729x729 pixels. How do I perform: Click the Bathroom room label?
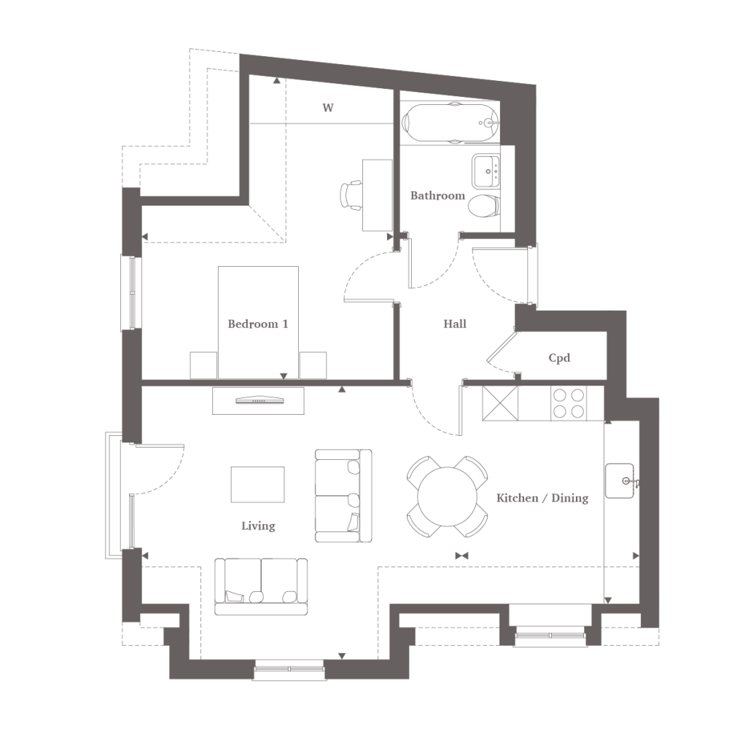(437, 195)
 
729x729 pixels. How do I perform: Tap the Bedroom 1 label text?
(258, 324)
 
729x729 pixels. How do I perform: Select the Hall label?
(455, 324)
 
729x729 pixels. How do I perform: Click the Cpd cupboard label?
(559, 358)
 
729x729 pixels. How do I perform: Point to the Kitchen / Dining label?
(542, 499)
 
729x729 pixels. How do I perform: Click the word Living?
(258, 526)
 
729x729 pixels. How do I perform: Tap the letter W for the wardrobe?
(328, 108)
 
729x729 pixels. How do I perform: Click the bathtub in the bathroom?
(450, 122)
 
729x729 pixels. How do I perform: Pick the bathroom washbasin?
(486, 171)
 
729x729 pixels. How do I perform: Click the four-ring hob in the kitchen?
(569, 403)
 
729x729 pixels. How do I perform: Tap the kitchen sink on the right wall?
(620, 480)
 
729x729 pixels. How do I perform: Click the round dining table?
(448, 496)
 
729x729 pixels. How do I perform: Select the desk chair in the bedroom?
(351, 195)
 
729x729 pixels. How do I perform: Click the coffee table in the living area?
(257, 485)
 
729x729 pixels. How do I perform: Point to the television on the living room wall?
(259, 400)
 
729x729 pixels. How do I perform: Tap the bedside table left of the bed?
(203, 365)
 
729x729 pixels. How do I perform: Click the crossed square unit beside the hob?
(500, 403)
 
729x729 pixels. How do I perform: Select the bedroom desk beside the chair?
(378, 195)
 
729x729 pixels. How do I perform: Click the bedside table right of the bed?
(313, 365)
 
